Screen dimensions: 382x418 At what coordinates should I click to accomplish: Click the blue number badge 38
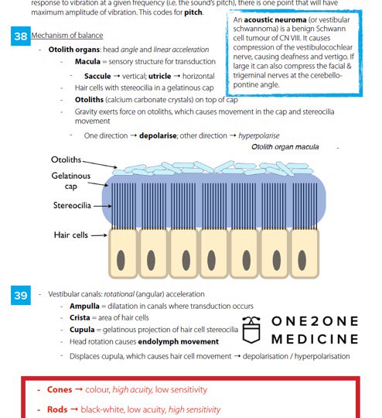point(21,37)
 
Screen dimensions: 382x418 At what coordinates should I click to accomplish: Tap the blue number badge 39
point(21,295)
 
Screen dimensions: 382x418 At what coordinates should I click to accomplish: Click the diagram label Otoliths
point(66,159)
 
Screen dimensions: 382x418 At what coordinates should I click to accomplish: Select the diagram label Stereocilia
point(72,205)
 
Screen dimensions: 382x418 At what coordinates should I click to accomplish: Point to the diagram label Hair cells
point(70,235)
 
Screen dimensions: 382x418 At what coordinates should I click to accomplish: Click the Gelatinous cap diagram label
point(70,180)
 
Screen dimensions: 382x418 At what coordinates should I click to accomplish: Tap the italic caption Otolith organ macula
point(285,146)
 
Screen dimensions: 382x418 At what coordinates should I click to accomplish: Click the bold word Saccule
point(97,76)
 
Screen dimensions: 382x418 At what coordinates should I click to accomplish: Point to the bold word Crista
point(80,318)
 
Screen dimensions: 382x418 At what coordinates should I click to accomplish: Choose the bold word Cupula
point(82,330)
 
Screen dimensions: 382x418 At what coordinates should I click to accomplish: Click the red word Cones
point(60,390)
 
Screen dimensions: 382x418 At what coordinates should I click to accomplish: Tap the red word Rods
point(57,409)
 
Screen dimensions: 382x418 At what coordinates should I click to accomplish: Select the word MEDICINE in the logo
point(315,339)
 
